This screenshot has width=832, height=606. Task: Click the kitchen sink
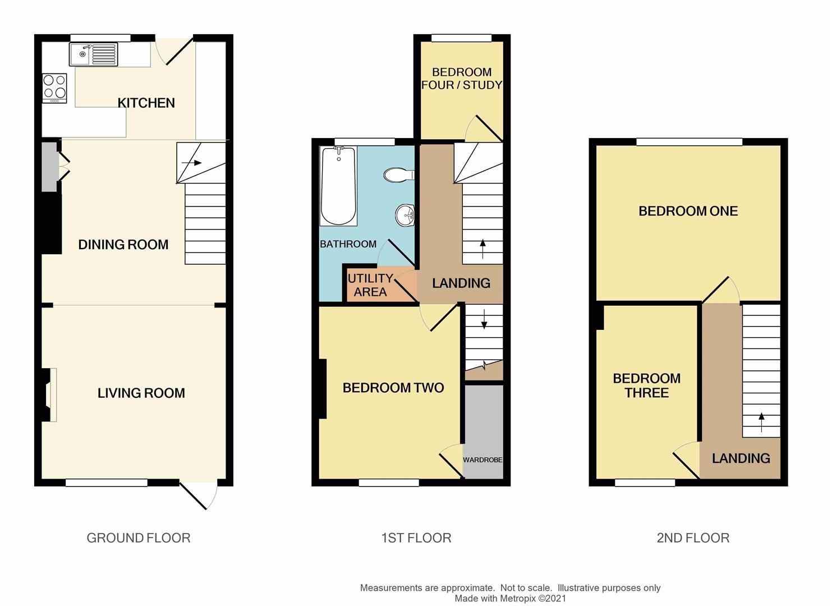click(93, 54)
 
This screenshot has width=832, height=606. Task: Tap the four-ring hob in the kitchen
click(54, 88)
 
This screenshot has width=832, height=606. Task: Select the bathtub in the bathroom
click(338, 186)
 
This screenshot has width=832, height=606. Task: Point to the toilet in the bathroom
click(399, 175)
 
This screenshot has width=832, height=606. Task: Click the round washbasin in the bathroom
click(404, 215)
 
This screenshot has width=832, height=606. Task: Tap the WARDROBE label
click(482, 460)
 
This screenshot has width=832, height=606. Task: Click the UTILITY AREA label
click(370, 285)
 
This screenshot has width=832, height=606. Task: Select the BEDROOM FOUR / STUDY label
click(462, 79)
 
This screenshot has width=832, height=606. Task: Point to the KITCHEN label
click(146, 103)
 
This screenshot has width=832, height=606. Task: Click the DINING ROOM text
click(123, 245)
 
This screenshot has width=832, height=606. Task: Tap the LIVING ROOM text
click(141, 393)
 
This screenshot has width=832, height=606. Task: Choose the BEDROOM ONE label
click(688, 211)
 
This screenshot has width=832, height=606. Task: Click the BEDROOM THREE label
click(647, 385)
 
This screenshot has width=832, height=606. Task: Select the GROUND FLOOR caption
click(139, 538)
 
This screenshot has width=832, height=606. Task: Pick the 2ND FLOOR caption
click(693, 538)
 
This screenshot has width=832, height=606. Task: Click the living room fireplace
click(49, 395)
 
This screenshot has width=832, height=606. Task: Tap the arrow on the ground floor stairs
click(192, 163)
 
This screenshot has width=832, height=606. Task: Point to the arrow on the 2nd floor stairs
click(761, 423)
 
